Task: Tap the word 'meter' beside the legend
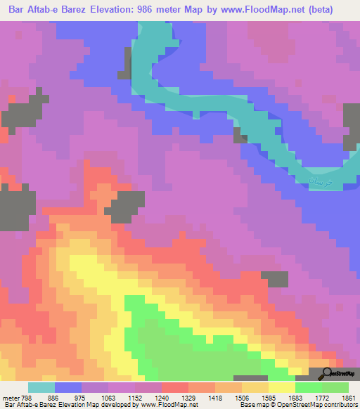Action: [10, 397]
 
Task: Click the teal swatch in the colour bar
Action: [41, 387]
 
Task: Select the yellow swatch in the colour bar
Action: [281, 387]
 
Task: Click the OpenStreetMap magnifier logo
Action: [327, 374]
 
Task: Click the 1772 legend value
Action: [321, 397]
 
